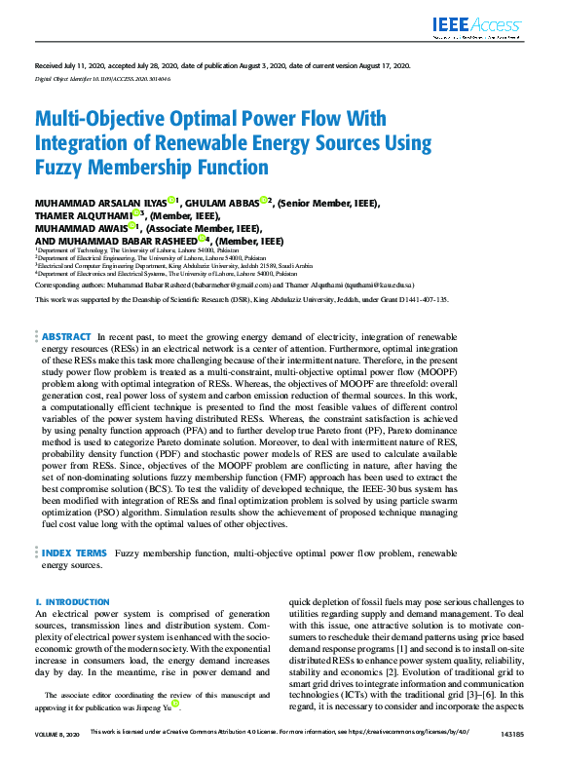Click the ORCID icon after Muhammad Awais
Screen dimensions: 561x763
pos(132,226)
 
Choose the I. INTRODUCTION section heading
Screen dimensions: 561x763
pos(72,603)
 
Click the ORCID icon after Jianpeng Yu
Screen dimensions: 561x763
pos(174,703)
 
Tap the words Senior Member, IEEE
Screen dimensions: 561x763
pos(330,203)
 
